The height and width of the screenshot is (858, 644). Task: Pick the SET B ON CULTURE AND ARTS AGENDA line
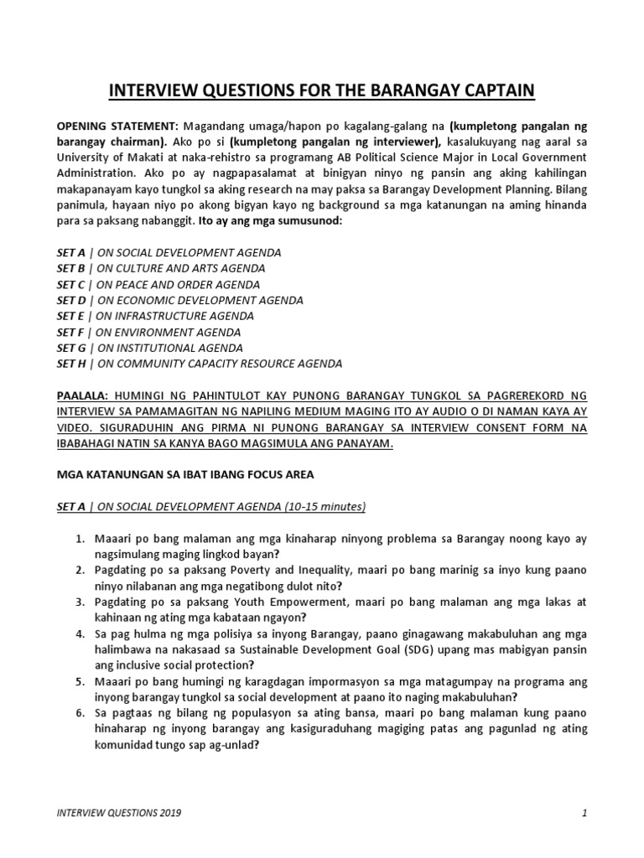point(160,268)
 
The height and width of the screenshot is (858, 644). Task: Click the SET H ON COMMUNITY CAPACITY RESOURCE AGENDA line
point(199,364)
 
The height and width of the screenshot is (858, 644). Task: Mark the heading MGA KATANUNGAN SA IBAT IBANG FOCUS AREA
point(184,475)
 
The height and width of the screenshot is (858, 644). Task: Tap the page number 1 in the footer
point(584,813)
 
